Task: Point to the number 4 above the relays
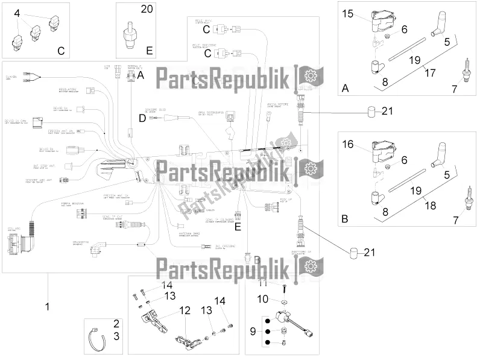coord(17,13)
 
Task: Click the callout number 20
coord(147,9)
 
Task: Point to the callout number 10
coord(262,298)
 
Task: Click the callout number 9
coord(253,332)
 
